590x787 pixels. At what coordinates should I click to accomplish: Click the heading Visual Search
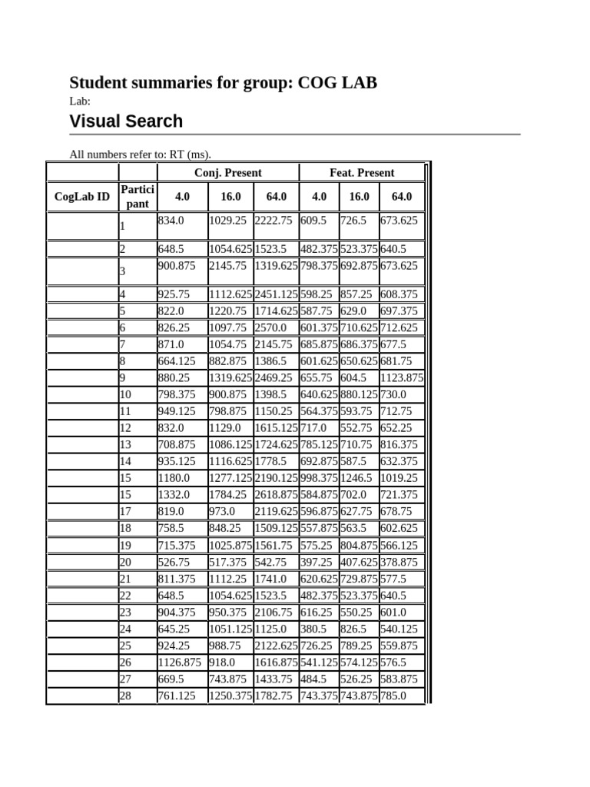[126, 121]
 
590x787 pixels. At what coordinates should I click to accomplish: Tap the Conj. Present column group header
[227, 173]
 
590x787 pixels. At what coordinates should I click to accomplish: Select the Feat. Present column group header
[362, 173]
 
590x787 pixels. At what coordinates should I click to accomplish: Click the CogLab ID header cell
[82, 197]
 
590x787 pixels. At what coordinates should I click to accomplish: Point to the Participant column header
[138, 197]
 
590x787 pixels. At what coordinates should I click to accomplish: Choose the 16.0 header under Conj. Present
[230, 197]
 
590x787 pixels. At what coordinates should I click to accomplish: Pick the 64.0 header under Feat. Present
[402, 197]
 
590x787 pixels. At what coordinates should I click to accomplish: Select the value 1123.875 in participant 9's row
[402, 378]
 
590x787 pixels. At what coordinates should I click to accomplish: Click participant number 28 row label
[125, 696]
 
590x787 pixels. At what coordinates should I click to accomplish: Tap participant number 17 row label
[125, 511]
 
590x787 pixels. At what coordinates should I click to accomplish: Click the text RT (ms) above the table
[188, 154]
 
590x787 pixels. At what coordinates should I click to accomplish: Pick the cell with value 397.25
[316, 563]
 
